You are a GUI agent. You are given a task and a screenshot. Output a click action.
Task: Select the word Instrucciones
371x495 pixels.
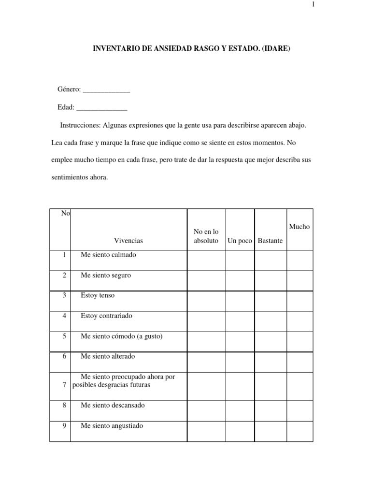pyautogui.click(x=80, y=125)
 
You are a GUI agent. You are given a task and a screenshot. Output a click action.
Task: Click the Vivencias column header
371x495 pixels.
pyautogui.click(x=128, y=241)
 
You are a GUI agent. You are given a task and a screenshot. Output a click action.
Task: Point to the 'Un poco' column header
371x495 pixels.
pyautogui.click(x=240, y=241)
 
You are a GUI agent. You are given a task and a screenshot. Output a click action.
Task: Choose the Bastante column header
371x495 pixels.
pyautogui.click(x=271, y=241)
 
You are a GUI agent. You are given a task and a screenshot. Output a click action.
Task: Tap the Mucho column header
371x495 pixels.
pyautogui.click(x=300, y=227)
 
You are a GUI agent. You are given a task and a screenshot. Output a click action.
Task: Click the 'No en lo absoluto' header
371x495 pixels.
pyautogui.click(x=206, y=236)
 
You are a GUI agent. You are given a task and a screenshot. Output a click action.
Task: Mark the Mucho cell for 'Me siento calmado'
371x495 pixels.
pyautogui.click(x=300, y=260)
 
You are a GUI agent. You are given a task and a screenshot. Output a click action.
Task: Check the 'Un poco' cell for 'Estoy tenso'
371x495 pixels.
pyautogui.click(x=240, y=301)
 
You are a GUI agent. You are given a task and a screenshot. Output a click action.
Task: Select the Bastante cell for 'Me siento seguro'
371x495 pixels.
pyautogui.click(x=271, y=280)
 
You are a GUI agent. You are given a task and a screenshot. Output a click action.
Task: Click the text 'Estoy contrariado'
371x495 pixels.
pyautogui.click(x=107, y=316)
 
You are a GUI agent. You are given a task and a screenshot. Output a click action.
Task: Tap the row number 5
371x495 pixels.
pyautogui.click(x=64, y=336)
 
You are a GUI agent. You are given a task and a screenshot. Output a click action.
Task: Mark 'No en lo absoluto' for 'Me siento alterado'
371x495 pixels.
pyautogui.click(x=206, y=362)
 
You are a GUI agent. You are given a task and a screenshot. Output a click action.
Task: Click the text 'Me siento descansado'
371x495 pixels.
pyautogui.click(x=113, y=405)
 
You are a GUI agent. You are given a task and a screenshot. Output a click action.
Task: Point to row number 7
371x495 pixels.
pyautogui.click(x=64, y=385)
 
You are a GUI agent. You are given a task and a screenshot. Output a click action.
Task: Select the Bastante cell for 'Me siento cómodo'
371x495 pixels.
pyautogui.click(x=271, y=341)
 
